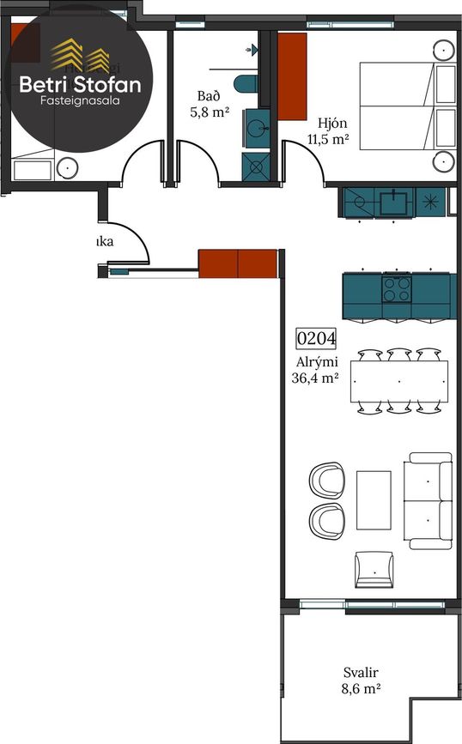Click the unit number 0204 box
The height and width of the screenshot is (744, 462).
pos(316,338)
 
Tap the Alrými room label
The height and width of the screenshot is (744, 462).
pos(314,361)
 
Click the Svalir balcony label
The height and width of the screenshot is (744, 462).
pos(361,673)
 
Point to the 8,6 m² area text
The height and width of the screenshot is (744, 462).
pos(362,688)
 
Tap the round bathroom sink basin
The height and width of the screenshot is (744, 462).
pos(255,130)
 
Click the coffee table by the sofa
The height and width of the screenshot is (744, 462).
pos(374,499)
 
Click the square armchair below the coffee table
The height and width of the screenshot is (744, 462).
pos(374,568)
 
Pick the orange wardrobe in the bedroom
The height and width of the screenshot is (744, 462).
pos(292,76)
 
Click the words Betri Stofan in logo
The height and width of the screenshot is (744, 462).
pos(81,84)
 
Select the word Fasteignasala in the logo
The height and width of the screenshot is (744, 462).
pos(81,101)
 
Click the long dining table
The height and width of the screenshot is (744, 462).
pos(398,381)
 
